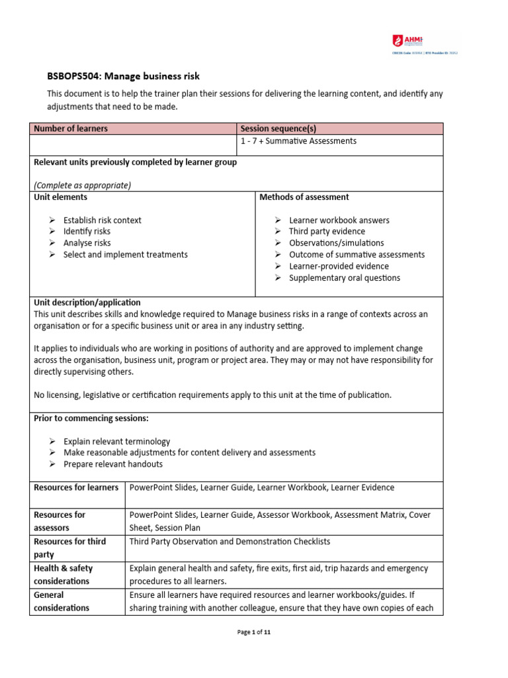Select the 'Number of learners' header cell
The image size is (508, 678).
(x=71, y=128)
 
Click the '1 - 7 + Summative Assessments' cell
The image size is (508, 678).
(x=298, y=141)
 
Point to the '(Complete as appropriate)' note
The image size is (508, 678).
(x=82, y=185)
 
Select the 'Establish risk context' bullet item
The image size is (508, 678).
(x=102, y=220)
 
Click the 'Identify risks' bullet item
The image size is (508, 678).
(x=87, y=232)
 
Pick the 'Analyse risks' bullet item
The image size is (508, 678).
(x=87, y=243)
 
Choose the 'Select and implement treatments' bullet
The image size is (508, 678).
(x=125, y=254)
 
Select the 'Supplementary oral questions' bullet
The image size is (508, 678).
(x=344, y=278)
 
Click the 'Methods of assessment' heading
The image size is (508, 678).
(x=304, y=197)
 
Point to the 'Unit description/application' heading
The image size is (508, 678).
(x=87, y=302)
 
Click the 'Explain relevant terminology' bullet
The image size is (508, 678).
(x=116, y=441)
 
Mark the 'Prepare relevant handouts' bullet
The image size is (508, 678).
(x=112, y=464)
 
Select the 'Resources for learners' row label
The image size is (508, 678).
(x=76, y=487)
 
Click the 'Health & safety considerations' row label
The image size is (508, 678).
(x=63, y=575)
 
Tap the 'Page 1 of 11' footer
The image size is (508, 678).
(x=254, y=632)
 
